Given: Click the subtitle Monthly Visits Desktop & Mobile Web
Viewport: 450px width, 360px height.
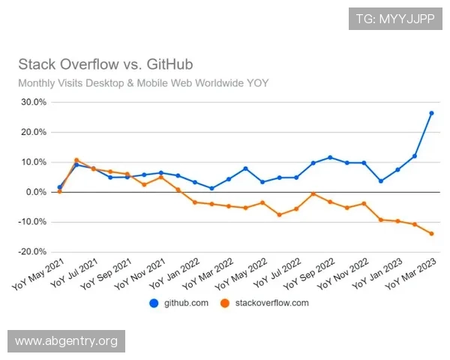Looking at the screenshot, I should click(143, 82).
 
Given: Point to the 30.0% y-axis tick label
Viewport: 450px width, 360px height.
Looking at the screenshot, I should click(32, 102).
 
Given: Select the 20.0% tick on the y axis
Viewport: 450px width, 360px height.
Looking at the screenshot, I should click(32, 132).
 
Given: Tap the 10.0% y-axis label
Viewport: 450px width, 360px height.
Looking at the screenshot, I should click(32, 162).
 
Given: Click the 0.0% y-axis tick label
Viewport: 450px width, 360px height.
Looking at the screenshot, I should click(34, 192).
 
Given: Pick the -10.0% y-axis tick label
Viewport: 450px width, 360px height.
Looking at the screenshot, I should click(31, 222).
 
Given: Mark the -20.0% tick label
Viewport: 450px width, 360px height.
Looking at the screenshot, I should click(31, 252).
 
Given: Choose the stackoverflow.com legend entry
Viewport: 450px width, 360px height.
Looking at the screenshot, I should click(262, 303).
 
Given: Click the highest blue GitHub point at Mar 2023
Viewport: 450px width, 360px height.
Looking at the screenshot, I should click(431, 113).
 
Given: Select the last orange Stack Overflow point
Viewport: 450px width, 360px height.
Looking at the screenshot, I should click(431, 233).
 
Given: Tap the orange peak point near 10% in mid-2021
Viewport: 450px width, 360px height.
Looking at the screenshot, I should click(76, 160).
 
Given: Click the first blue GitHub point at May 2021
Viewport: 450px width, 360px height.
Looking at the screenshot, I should click(59, 187).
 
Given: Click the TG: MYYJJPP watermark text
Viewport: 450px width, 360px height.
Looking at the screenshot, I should click(394, 17).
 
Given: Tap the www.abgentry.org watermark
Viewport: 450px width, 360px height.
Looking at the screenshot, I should click(66, 341).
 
